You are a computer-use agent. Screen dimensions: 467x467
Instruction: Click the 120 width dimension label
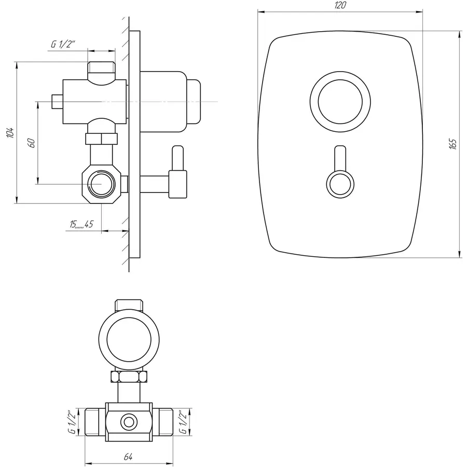340,5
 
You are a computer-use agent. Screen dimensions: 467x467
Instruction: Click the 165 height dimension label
453,144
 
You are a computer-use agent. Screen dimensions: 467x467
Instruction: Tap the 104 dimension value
10,133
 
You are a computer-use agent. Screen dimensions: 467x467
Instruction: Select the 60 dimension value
32,143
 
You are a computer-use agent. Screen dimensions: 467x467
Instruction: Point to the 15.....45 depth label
81,224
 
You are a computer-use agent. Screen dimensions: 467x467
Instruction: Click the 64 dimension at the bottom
128,457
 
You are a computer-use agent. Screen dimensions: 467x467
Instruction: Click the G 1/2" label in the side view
63,45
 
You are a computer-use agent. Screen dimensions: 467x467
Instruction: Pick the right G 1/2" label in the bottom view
182,422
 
